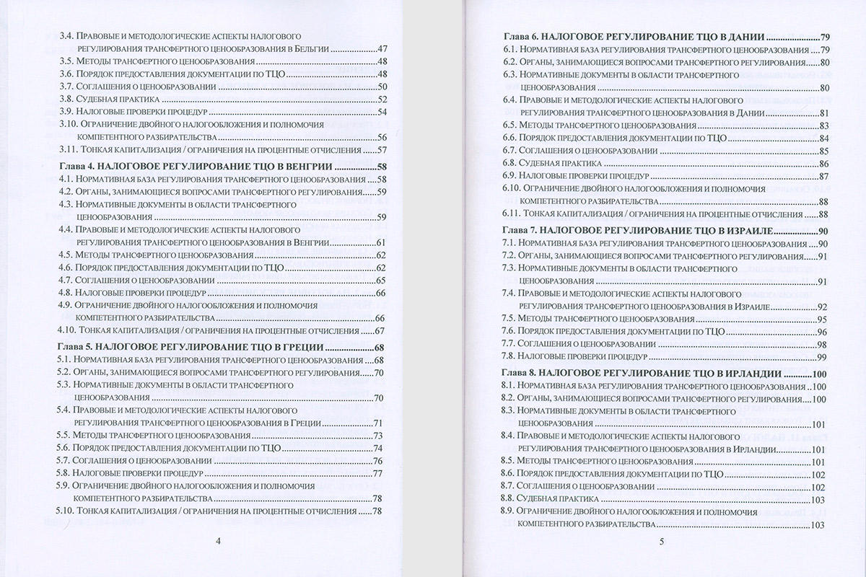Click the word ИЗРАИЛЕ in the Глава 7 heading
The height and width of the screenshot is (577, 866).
(746, 232)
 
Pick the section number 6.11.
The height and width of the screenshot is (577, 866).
(515, 214)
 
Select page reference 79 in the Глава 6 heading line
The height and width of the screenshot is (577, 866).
(826, 35)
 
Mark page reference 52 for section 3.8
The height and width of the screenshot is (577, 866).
(383, 99)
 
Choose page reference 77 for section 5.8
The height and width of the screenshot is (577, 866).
(377, 474)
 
